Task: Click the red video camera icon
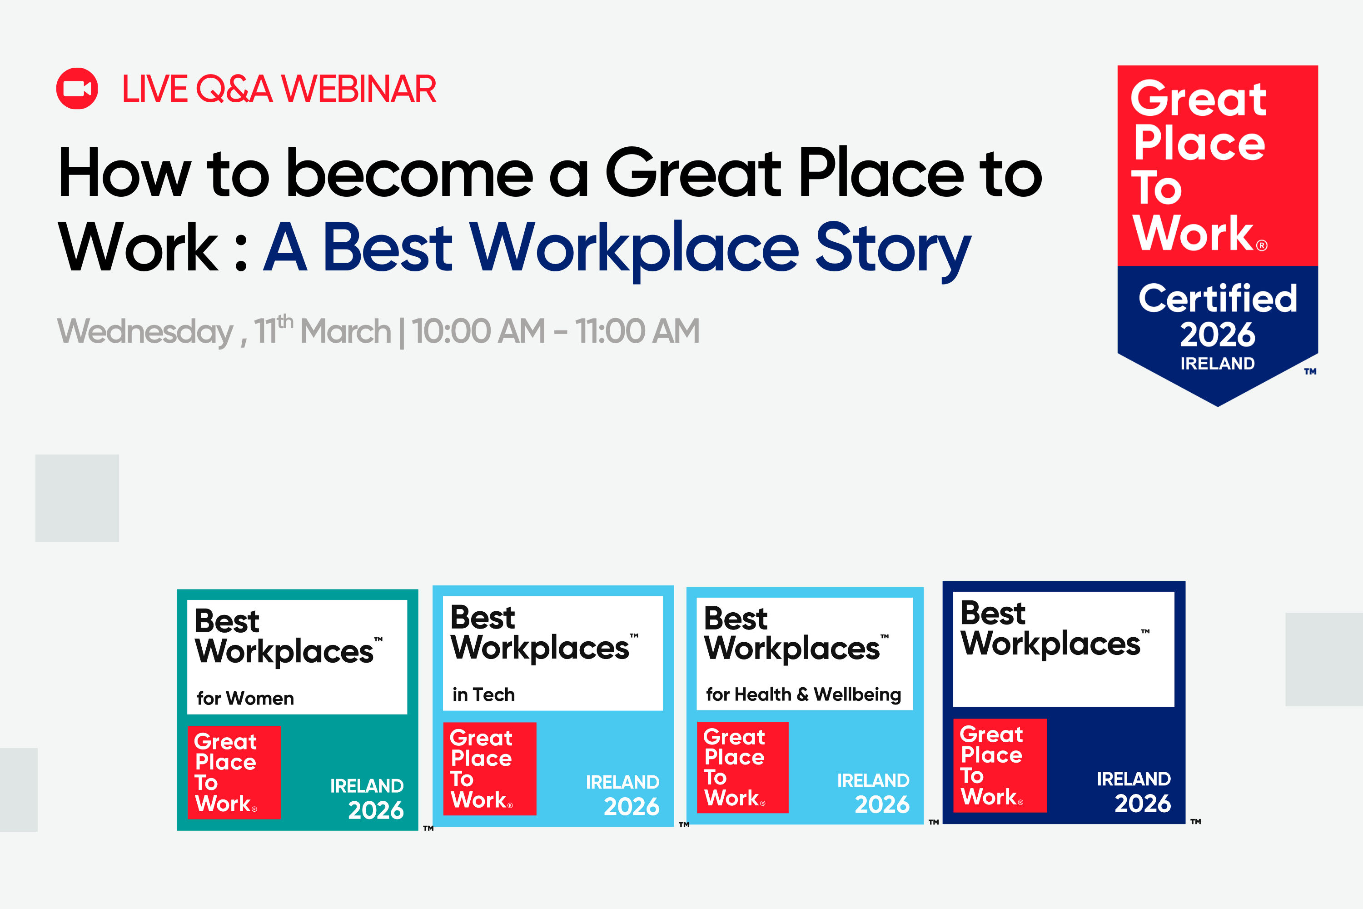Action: click(x=77, y=89)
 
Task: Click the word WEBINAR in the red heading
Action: click(x=359, y=89)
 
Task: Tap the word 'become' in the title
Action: click(x=410, y=173)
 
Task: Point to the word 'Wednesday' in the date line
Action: click(x=145, y=332)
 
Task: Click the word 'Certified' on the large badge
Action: click(x=1218, y=298)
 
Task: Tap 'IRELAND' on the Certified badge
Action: click(x=1218, y=364)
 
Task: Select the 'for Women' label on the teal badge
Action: click(x=245, y=698)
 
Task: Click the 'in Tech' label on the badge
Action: click(x=483, y=694)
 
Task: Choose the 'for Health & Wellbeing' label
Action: click(x=803, y=694)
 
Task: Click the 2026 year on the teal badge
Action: click(x=376, y=810)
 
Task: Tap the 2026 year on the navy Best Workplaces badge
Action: click(x=1143, y=804)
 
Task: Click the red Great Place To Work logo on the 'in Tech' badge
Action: click(x=490, y=769)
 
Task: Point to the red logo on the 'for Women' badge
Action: click(x=234, y=773)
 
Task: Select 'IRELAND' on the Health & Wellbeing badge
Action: click(x=873, y=781)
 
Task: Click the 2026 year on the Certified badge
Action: click(x=1218, y=335)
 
